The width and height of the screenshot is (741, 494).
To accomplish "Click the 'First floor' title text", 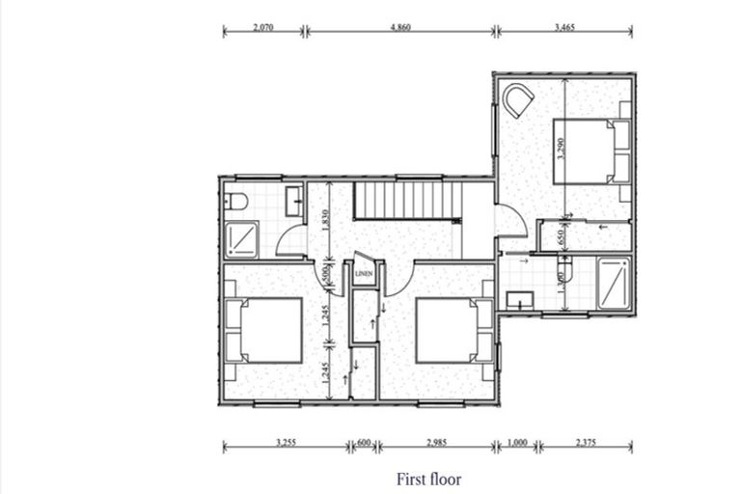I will tap(428, 478).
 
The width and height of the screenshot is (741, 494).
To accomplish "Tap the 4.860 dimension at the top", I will tap(400, 28).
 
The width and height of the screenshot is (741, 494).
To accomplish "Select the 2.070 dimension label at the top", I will tap(263, 28).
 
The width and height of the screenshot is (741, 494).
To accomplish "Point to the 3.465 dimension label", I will tap(564, 28).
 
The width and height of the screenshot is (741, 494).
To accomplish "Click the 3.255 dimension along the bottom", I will tap(285, 443).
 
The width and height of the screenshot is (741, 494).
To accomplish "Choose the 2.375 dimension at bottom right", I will tap(587, 443).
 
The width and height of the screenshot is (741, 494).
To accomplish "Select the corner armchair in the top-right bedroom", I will tap(518, 100).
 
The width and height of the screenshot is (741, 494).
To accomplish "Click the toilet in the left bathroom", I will tap(235, 202).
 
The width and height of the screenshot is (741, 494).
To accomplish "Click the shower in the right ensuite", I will tap(612, 284).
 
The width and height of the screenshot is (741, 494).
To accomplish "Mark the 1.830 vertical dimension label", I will tap(327, 221).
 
